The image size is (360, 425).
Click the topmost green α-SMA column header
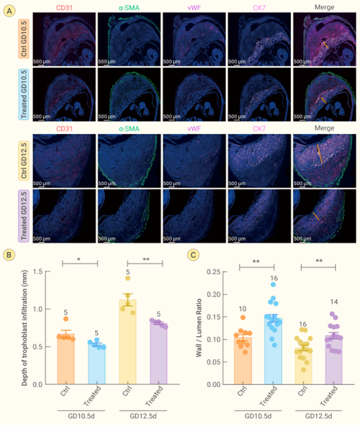[x=128, y=6]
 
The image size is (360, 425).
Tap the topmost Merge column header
[x=324, y=6]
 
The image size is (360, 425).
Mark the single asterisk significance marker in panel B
[x=80, y=259]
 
